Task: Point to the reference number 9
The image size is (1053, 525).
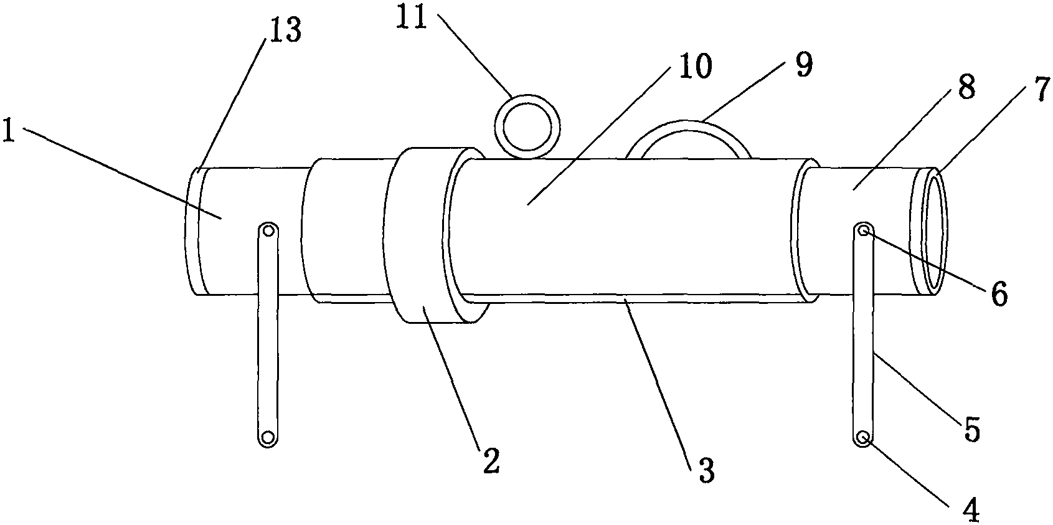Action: (x=804, y=65)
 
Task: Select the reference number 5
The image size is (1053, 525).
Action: (x=971, y=428)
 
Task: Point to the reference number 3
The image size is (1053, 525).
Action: (x=707, y=470)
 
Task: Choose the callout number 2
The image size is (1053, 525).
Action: (x=490, y=461)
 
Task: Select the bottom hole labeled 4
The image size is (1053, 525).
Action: (x=862, y=438)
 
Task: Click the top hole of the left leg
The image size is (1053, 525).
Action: (x=268, y=231)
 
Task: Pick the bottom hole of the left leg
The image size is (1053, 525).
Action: (x=268, y=438)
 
